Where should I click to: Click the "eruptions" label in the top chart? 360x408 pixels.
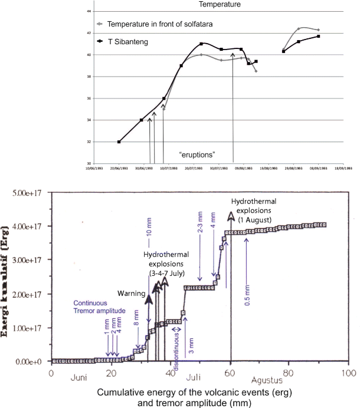coord(197,154)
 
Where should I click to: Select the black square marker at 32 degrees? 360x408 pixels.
coord(119,142)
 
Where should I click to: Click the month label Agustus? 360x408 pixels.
coord(269,379)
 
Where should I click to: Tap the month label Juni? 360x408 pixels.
coord(80,379)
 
